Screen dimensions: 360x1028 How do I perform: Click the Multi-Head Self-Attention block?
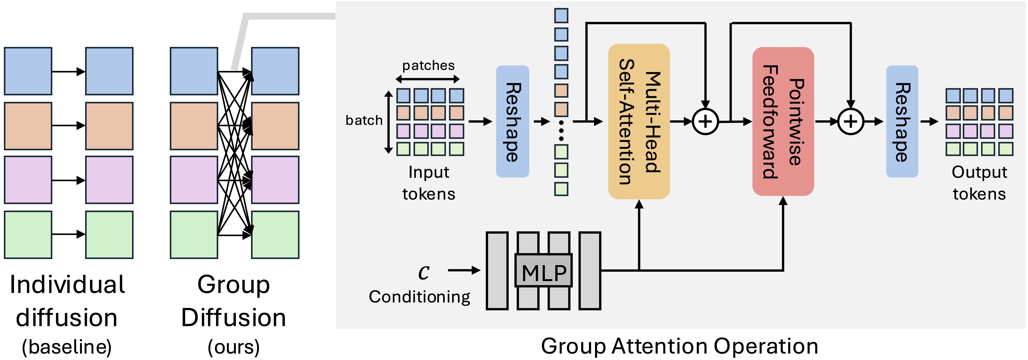(639, 121)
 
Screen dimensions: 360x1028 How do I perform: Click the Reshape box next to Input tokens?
(512, 121)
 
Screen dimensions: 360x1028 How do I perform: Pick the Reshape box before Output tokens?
(902, 121)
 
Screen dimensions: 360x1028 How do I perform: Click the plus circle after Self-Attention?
(705, 121)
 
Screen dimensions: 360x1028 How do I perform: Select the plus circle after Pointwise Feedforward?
(850, 121)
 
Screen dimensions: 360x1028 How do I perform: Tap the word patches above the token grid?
(428, 65)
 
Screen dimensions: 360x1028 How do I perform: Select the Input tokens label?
(429, 183)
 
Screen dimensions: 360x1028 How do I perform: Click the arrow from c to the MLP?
(464, 270)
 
